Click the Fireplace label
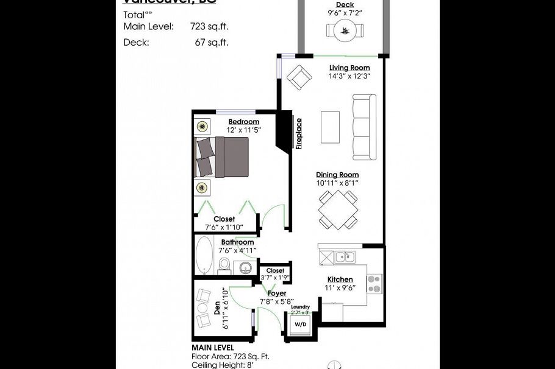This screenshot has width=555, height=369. (x=299, y=134)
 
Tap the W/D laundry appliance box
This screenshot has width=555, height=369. (x=301, y=325)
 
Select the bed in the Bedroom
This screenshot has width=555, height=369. (x=222, y=157)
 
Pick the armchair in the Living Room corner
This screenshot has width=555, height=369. (x=299, y=77)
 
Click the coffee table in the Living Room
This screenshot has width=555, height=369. (x=331, y=127)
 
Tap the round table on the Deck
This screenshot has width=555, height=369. (x=345, y=29)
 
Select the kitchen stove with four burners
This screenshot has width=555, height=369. (x=373, y=284)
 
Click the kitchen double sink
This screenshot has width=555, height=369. (x=341, y=257)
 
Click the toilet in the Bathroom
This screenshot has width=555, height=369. (x=224, y=265)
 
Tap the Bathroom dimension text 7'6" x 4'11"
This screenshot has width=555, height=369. (x=238, y=250)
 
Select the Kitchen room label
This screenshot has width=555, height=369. (x=340, y=279)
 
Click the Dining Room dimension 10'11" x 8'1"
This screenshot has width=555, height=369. (x=337, y=183)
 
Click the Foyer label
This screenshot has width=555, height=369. (x=277, y=293)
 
